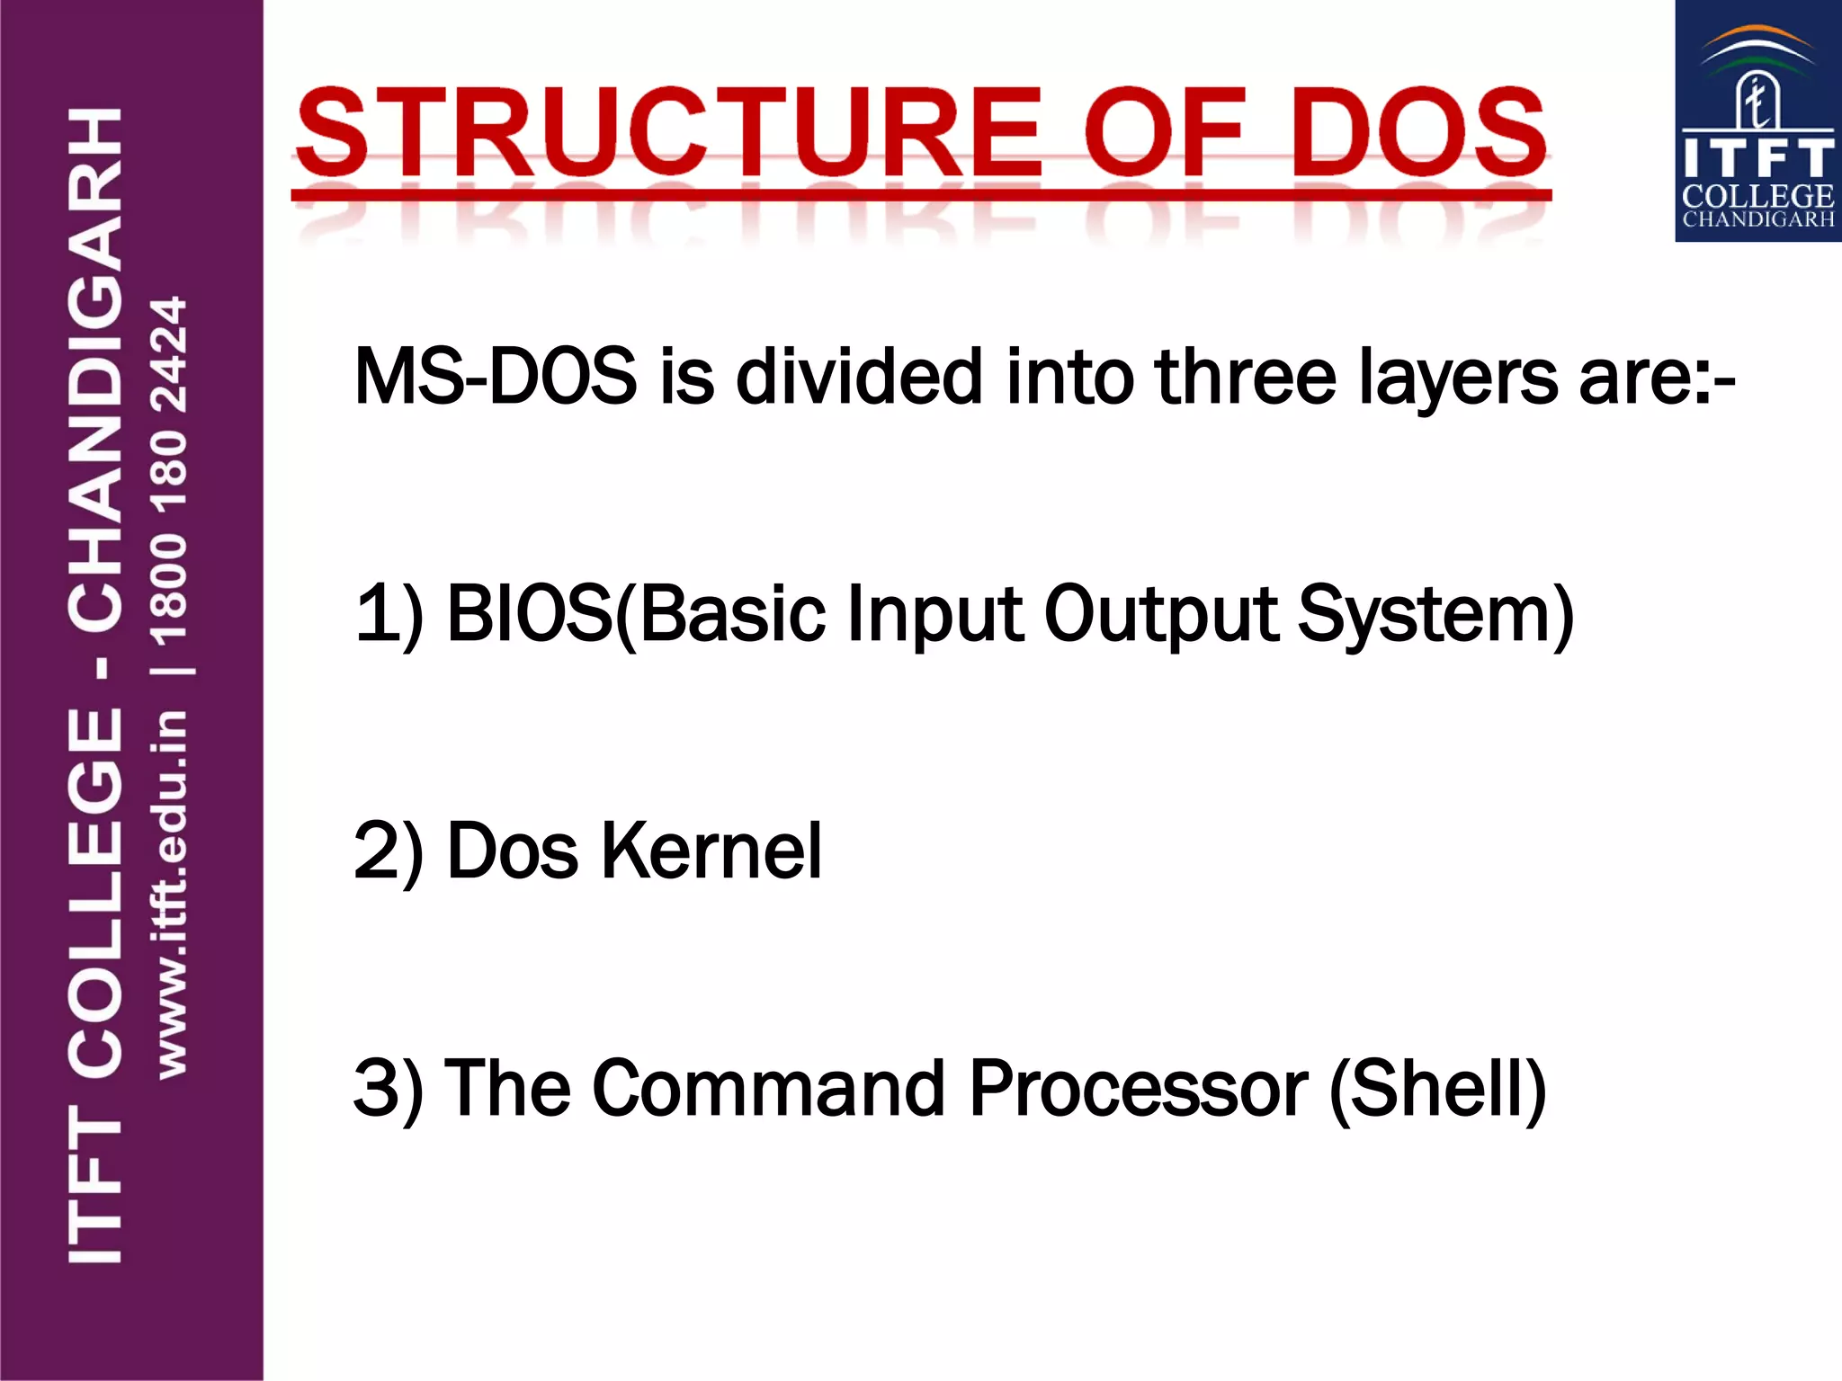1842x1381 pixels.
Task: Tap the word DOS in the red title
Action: (x=1418, y=133)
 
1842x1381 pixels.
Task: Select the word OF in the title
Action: (x=1165, y=133)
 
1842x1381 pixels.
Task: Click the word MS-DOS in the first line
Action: (x=496, y=377)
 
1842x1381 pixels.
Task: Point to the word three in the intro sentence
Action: (x=1246, y=377)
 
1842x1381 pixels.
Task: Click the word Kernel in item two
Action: (x=711, y=851)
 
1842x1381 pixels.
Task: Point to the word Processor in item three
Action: (x=1138, y=1088)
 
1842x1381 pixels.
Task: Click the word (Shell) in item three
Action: (x=1437, y=1090)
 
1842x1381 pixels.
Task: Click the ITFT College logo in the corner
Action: (x=1757, y=121)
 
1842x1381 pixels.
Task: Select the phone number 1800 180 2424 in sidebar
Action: (x=169, y=471)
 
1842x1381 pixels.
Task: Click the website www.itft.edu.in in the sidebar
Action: (x=171, y=894)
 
